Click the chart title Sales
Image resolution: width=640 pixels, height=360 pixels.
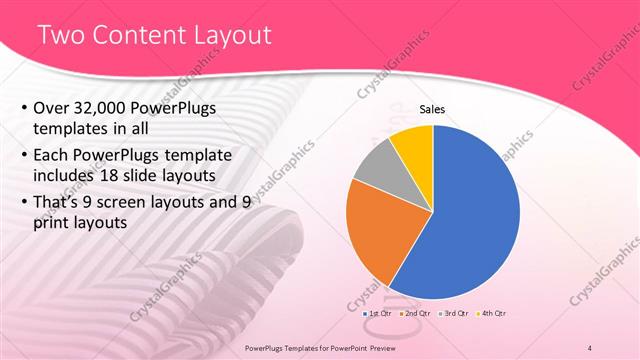click(x=432, y=110)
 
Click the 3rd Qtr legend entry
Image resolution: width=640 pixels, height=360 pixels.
click(x=453, y=314)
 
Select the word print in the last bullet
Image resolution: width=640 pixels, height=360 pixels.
click(x=54, y=223)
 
